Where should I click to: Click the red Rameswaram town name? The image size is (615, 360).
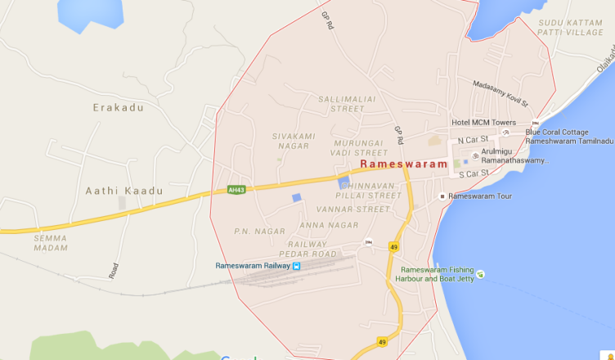404,164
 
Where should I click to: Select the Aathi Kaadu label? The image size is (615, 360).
124,191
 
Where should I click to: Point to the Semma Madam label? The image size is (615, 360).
51,242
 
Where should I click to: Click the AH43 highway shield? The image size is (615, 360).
236,190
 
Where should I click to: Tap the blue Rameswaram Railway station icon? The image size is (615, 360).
296,266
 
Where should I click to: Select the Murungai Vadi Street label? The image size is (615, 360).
359,147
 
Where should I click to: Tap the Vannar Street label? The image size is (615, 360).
361,209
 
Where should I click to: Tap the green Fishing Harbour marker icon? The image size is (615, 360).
480,274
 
